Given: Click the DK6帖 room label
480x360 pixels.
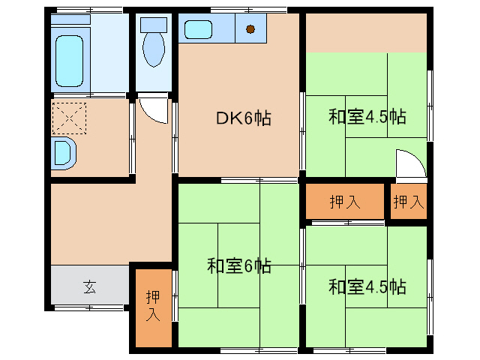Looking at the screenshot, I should tap(243, 118).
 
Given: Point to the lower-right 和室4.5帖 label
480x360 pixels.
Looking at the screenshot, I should tap(367, 286).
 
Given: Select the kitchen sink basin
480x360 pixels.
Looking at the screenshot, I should tap(202, 31).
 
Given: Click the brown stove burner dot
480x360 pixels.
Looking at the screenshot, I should tap(250, 30).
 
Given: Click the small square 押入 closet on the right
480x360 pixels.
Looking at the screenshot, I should tap(408, 201).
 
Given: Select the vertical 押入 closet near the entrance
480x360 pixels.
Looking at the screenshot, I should tap(152, 306).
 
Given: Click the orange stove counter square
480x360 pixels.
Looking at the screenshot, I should tap(251, 30).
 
